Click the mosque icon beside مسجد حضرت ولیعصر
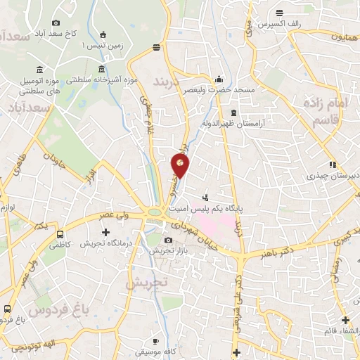coord(219,79)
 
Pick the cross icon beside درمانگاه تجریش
coord(106,231)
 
